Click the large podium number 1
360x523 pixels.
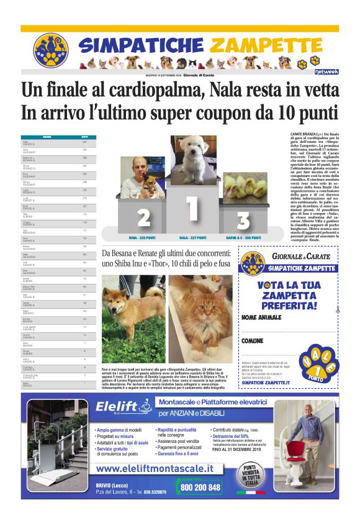(192, 212)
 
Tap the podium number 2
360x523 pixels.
(143, 217)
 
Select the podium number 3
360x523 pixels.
(243, 220)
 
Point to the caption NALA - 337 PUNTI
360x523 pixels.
(193, 237)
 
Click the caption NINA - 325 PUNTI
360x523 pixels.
(143, 237)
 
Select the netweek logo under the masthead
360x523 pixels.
(325, 71)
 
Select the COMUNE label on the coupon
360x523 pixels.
(253, 341)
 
